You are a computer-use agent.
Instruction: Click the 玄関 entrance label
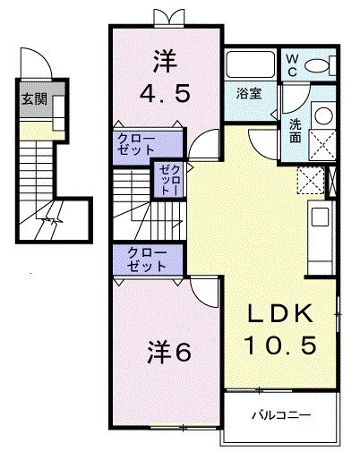coord(30,100)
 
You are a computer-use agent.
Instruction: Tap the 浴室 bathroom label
coord(248,94)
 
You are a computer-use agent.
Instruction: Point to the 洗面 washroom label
coord(295,132)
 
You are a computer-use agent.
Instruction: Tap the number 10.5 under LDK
coord(279,345)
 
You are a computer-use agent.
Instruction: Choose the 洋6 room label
coord(169,353)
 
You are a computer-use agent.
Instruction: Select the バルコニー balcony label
coord(279,415)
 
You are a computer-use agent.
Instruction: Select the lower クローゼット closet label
coord(146,260)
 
